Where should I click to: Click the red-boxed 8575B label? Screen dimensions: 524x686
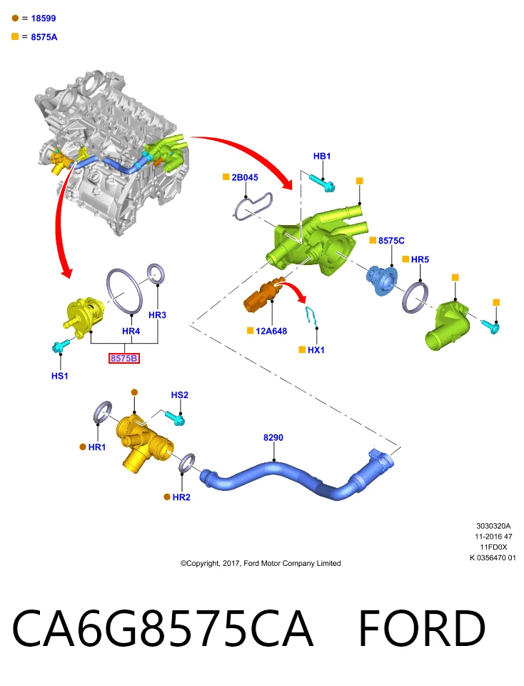click(124, 358)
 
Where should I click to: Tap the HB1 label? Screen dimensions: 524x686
click(322, 156)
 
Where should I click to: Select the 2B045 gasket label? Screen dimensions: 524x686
click(245, 177)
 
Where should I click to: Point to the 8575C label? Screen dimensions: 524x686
click(391, 241)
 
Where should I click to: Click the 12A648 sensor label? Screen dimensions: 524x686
click(271, 331)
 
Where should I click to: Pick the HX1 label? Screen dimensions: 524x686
click(316, 350)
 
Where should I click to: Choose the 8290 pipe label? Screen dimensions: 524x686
click(273, 437)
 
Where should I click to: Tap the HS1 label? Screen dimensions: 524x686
click(60, 376)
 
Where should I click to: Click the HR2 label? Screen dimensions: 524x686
click(181, 497)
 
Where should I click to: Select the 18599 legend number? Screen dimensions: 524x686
click(44, 19)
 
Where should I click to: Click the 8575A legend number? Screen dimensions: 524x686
click(44, 37)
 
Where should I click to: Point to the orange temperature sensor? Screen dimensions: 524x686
click(263, 294)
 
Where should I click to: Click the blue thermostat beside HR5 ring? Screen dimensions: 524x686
click(381, 280)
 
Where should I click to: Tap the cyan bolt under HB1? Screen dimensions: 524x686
click(323, 184)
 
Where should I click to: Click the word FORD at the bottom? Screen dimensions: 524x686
click(422, 628)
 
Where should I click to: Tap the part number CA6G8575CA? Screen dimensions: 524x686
click(163, 628)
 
